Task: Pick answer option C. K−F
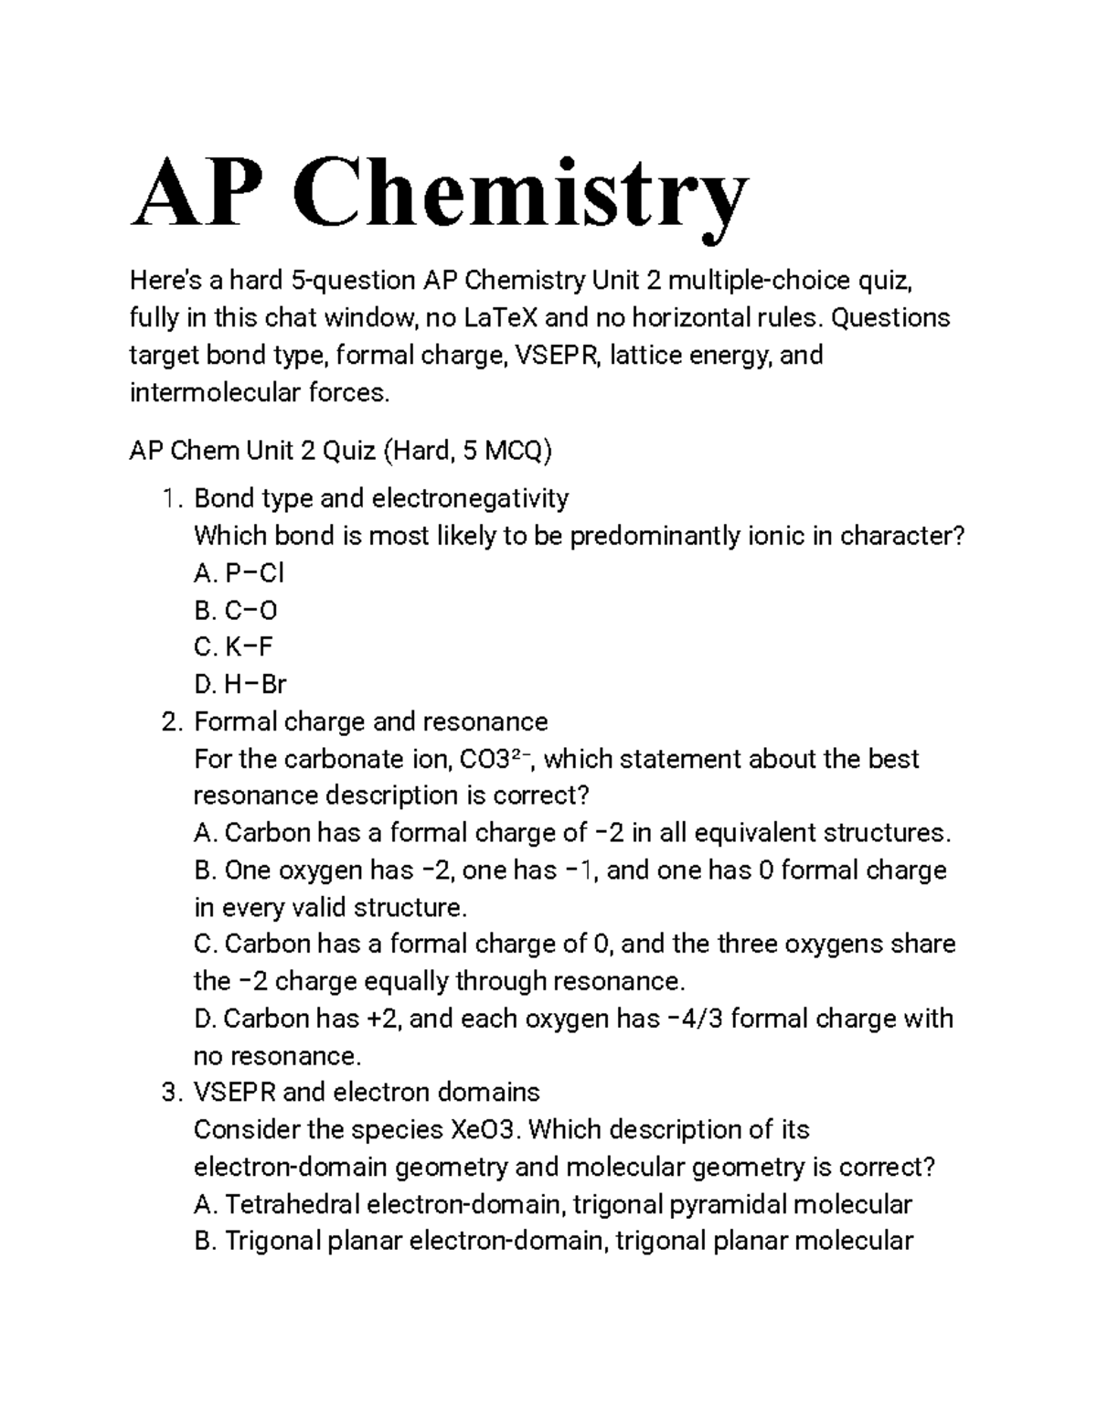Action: point(234,647)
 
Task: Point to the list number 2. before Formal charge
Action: point(172,721)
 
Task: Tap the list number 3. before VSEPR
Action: point(172,1093)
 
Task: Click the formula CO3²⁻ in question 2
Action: point(493,759)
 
